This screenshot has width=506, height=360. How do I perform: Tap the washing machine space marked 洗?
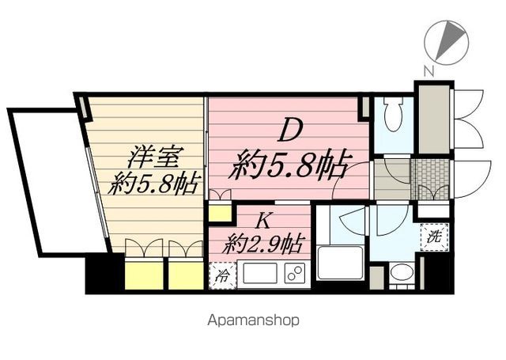(434, 235)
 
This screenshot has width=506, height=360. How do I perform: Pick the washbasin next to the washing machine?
(401, 274)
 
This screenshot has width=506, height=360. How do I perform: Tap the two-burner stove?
(294, 275)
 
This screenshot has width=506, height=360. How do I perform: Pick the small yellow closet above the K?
(220, 211)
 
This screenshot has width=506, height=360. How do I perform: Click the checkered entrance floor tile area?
(430, 176)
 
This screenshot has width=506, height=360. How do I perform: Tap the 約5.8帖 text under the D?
(289, 166)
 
